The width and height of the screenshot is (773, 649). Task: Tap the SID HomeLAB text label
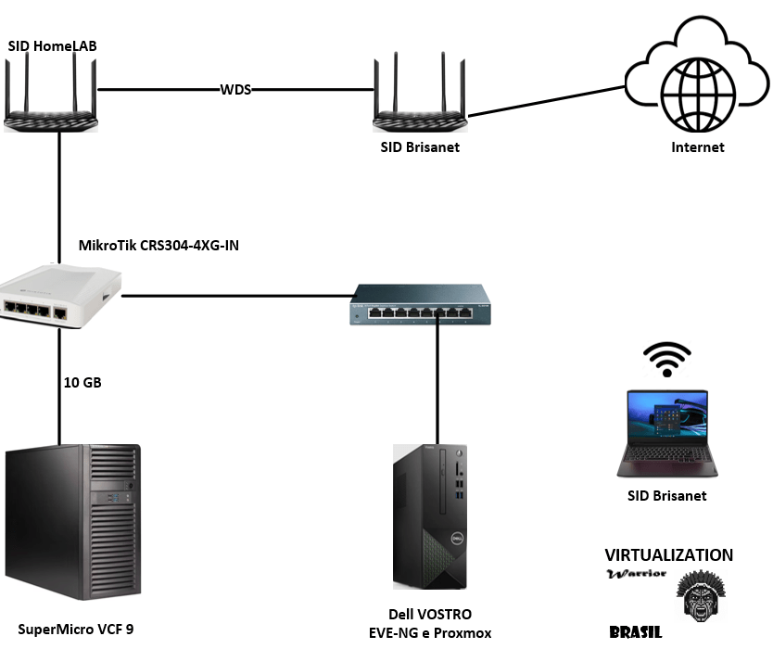tap(53, 45)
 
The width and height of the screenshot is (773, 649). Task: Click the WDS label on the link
tap(235, 90)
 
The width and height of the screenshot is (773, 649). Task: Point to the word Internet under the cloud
tap(698, 147)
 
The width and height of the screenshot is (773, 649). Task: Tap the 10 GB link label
tap(83, 382)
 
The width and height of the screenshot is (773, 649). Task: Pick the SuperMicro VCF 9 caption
tap(75, 630)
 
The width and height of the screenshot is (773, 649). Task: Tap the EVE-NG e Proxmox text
tap(429, 632)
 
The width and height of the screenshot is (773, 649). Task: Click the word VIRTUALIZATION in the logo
tap(668, 555)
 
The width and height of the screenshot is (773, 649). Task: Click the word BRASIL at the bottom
tap(636, 632)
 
